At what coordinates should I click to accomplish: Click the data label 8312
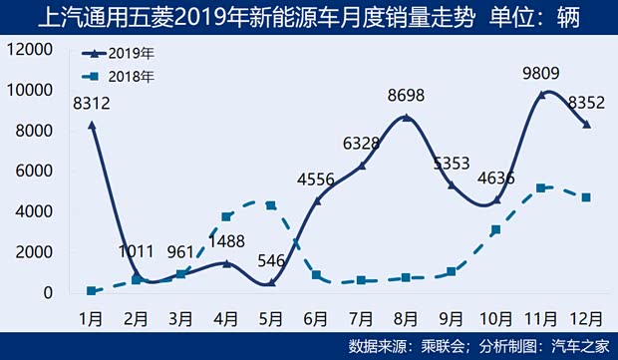point(91,103)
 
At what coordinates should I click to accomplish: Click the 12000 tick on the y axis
point(32,49)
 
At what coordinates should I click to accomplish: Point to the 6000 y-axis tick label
point(37,171)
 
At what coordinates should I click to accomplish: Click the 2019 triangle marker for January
point(91,125)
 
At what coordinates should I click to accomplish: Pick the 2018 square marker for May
point(270,205)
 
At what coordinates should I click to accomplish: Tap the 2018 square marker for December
point(584,197)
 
